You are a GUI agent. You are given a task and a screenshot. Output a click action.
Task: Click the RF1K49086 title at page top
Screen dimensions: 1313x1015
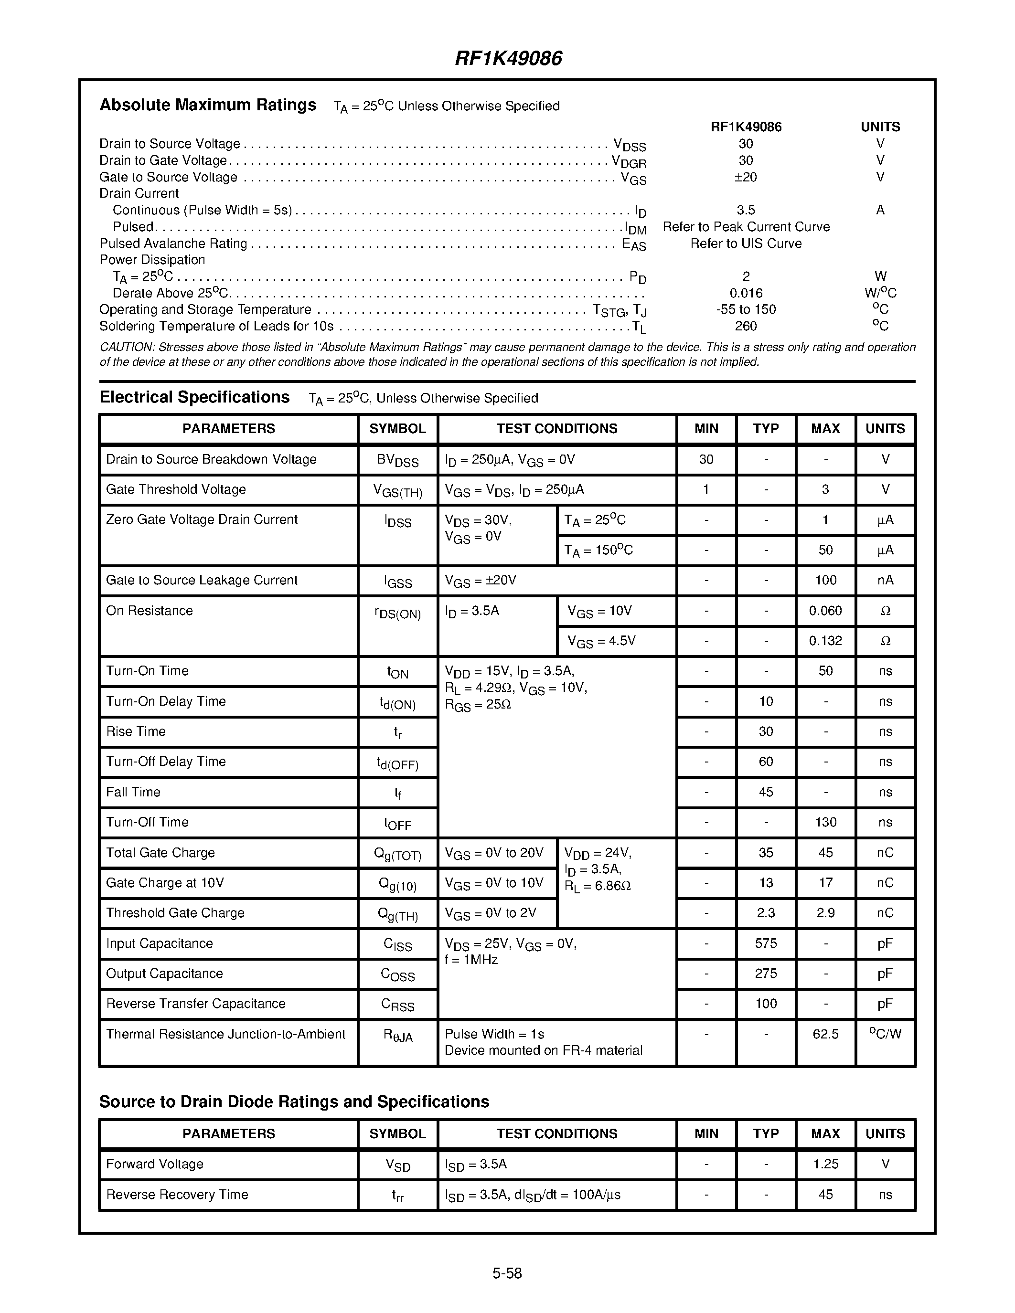pyautogui.click(x=508, y=58)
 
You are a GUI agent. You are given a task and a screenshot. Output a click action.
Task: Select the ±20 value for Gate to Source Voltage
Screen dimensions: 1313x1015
pyautogui.click(x=746, y=177)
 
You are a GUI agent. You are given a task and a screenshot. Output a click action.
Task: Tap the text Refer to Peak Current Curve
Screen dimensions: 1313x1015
pyautogui.click(x=746, y=227)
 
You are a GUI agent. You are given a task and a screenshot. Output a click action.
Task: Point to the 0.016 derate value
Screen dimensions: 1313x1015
pyautogui.click(x=746, y=293)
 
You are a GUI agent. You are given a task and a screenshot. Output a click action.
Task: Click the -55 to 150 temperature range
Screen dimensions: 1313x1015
pyautogui.click(x=746, y=309)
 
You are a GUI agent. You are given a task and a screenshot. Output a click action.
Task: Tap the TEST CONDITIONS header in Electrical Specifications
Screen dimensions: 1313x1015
pyautogui.click(x=557, y=429)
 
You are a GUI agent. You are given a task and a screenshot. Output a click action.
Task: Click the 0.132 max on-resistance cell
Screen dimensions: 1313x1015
pyautogui.click(x=825, y=641)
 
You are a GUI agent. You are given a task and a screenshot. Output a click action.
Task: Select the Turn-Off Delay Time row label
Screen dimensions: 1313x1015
pyautogui.click(x=166, y=762)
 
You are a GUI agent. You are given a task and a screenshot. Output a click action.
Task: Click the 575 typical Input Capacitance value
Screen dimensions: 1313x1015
pyautogui.click(x=766, y=943)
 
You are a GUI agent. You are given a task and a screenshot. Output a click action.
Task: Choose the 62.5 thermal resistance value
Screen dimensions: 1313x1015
pyautogui.click(x=825, y=1034)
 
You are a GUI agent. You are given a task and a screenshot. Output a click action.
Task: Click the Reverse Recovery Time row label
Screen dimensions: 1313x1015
pyautogui.click(x=177, y=1195)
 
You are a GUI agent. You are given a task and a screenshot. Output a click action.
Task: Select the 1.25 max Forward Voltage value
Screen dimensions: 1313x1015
pyautogui.click(x=825, y=1164)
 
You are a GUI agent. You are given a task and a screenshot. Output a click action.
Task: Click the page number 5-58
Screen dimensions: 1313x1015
pyautogui.click(x=507, y=1273)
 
